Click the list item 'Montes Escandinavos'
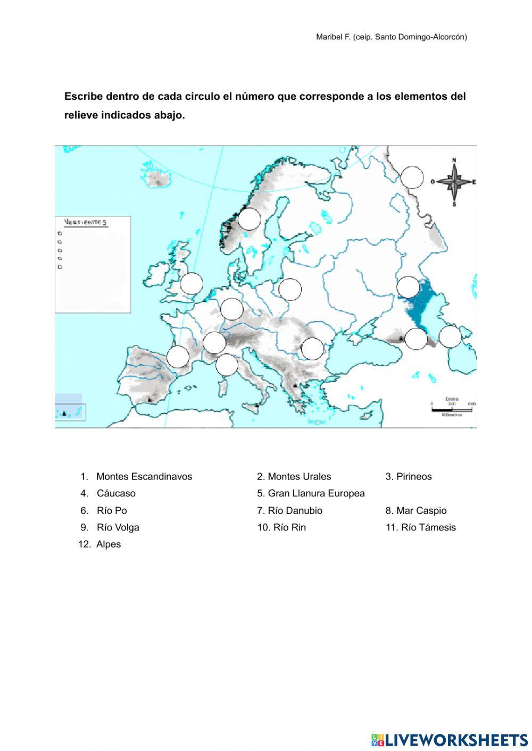[x=144, y=476]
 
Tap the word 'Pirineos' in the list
[x=414, y=476]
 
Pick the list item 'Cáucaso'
[x=116, y=493]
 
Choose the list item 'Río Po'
[x=112, y=510]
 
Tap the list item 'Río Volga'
[x=118, y=527]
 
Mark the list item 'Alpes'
[x=109, y=544]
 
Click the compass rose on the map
[x=454, y=182]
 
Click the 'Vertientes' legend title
[x=86, y=222]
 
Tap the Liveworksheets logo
[x=450, y=740]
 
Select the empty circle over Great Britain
[x=192, y=284]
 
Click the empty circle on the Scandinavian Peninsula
[x=249, y=219]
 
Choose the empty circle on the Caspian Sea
[x=450, y=337]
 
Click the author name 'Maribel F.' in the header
[x=333, y=37]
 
